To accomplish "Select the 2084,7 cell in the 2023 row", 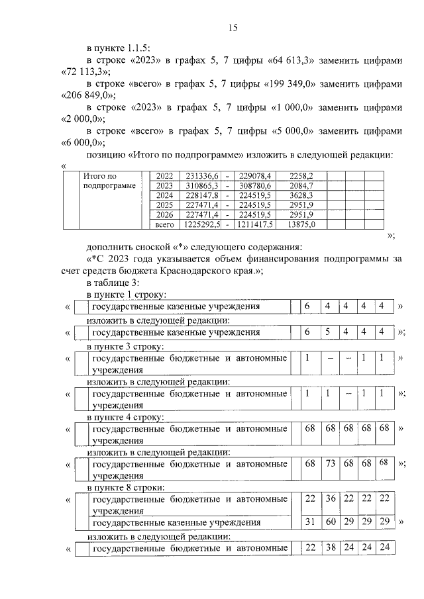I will [300, 185].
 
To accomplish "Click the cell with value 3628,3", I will [300, 195].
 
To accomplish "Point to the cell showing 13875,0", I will [300, 225].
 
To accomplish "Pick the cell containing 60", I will [331, 522].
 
